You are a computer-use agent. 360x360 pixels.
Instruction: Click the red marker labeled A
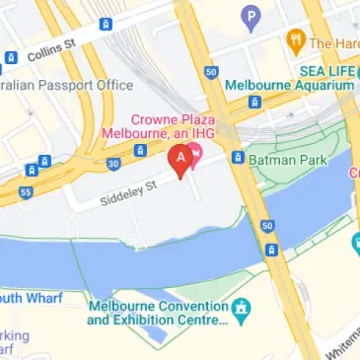click(180, 159)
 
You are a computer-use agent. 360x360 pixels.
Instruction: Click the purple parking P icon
click(252, 17)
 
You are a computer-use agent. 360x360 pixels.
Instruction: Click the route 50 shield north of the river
click(211, 72)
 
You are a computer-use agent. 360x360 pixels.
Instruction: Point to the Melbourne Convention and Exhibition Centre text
click(163, 313)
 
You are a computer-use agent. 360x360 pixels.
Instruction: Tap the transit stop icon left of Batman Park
click(238, 157)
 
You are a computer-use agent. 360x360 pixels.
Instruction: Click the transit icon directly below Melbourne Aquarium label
click(254, 101)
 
